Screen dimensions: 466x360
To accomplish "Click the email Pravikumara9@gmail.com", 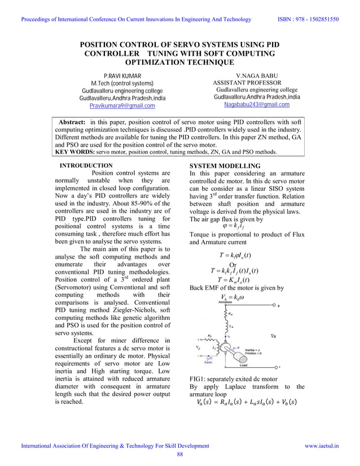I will [x=122, y=105].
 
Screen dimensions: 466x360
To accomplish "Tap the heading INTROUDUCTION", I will [x=90, y=165].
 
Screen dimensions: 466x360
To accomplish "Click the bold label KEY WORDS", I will [x=74, y=151].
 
